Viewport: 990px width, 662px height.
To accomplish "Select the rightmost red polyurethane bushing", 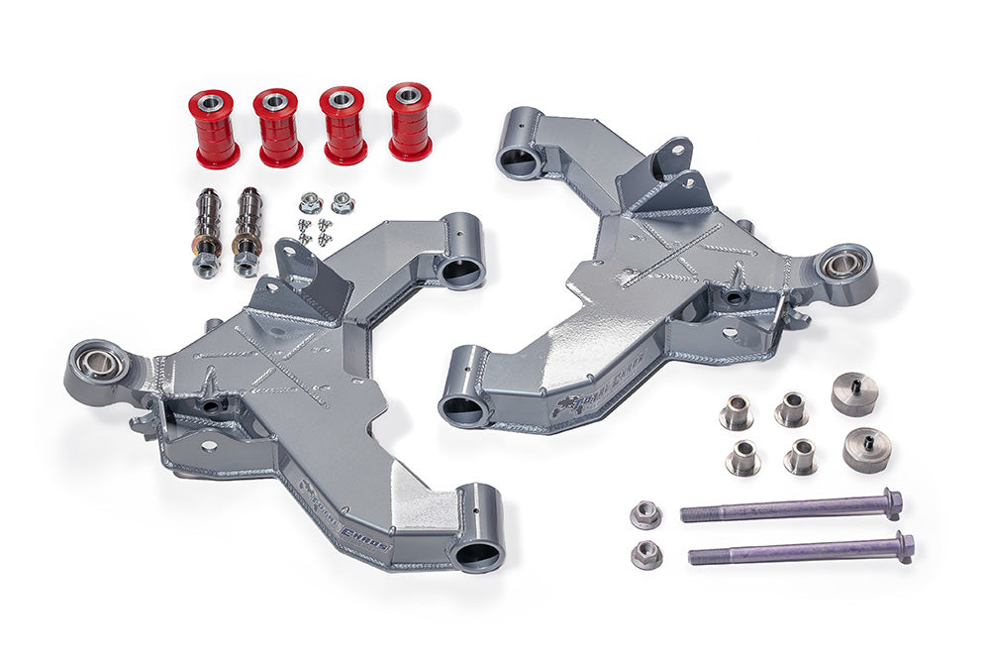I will tap(409, 121).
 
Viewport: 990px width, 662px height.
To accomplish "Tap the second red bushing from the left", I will tap(279, 127).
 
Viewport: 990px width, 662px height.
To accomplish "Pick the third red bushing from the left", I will tap(344, 124).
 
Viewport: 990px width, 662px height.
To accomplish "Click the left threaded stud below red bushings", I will tap(207, 234).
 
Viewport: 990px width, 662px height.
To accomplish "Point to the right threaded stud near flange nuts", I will tap(247, 232).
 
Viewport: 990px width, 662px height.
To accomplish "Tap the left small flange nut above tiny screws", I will tap(309, 203).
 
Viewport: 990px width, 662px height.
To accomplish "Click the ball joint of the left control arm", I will tap(100, 364).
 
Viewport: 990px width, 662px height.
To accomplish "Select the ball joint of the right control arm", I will tap(843, 265).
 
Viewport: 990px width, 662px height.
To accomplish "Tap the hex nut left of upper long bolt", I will tap(645, 514).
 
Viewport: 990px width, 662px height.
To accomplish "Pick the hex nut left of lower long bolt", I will tap(645, 553).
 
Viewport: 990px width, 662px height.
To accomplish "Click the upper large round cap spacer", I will tap(854, 393).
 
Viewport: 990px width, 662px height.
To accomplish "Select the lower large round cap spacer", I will tap(867, 449).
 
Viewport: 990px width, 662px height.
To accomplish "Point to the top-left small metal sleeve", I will tap(736, 412).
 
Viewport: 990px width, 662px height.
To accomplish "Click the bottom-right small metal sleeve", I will tap(801, 456).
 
